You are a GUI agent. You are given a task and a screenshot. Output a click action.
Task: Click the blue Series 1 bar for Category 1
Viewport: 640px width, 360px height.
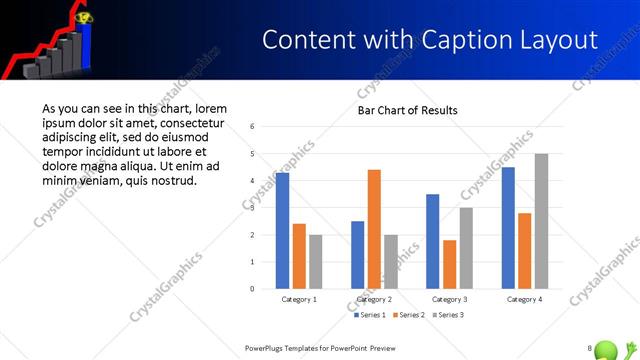point(282,231)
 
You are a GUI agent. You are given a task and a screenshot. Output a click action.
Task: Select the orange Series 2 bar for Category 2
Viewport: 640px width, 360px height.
point(374,229)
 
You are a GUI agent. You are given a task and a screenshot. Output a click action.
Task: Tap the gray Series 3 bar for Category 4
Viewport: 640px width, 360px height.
point(541,221)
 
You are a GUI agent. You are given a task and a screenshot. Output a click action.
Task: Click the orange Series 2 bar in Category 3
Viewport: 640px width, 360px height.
point(449,264)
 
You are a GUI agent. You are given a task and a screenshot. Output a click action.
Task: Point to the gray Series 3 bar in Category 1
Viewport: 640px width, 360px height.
point(316,262)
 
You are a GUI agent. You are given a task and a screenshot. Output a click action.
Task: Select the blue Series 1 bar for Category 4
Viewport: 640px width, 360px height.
point(508,228)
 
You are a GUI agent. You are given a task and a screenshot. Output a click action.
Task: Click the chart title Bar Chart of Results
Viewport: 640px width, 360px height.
point(407,110)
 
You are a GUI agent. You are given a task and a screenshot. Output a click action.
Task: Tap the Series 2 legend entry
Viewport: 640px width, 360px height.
point(410,315)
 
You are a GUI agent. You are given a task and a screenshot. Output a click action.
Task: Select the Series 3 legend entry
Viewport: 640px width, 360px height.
point(447,315)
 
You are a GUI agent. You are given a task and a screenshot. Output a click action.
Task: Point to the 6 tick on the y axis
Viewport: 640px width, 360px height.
point(253,127)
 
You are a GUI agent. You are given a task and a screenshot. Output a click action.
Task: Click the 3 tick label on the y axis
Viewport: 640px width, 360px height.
point(253,208)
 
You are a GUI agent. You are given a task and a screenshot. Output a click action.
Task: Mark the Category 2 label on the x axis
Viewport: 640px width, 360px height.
point(374,299)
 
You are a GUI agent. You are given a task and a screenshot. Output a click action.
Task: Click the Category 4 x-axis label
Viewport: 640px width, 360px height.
point(524,299)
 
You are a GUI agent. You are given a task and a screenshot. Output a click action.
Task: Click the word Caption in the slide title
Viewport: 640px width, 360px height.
point(445,40)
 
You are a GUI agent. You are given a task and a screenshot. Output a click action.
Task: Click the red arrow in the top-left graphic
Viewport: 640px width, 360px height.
point(30,50)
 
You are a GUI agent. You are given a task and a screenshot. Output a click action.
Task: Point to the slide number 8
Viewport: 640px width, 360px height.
point(590,348)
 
